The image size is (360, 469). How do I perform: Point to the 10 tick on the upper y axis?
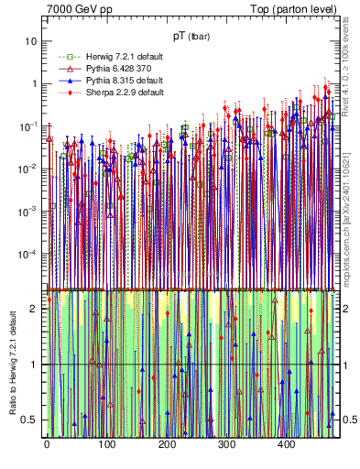tap(32, 41)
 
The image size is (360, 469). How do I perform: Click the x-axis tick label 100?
tap(106, 446)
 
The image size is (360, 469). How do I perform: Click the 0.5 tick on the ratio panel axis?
tap(30, 420)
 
